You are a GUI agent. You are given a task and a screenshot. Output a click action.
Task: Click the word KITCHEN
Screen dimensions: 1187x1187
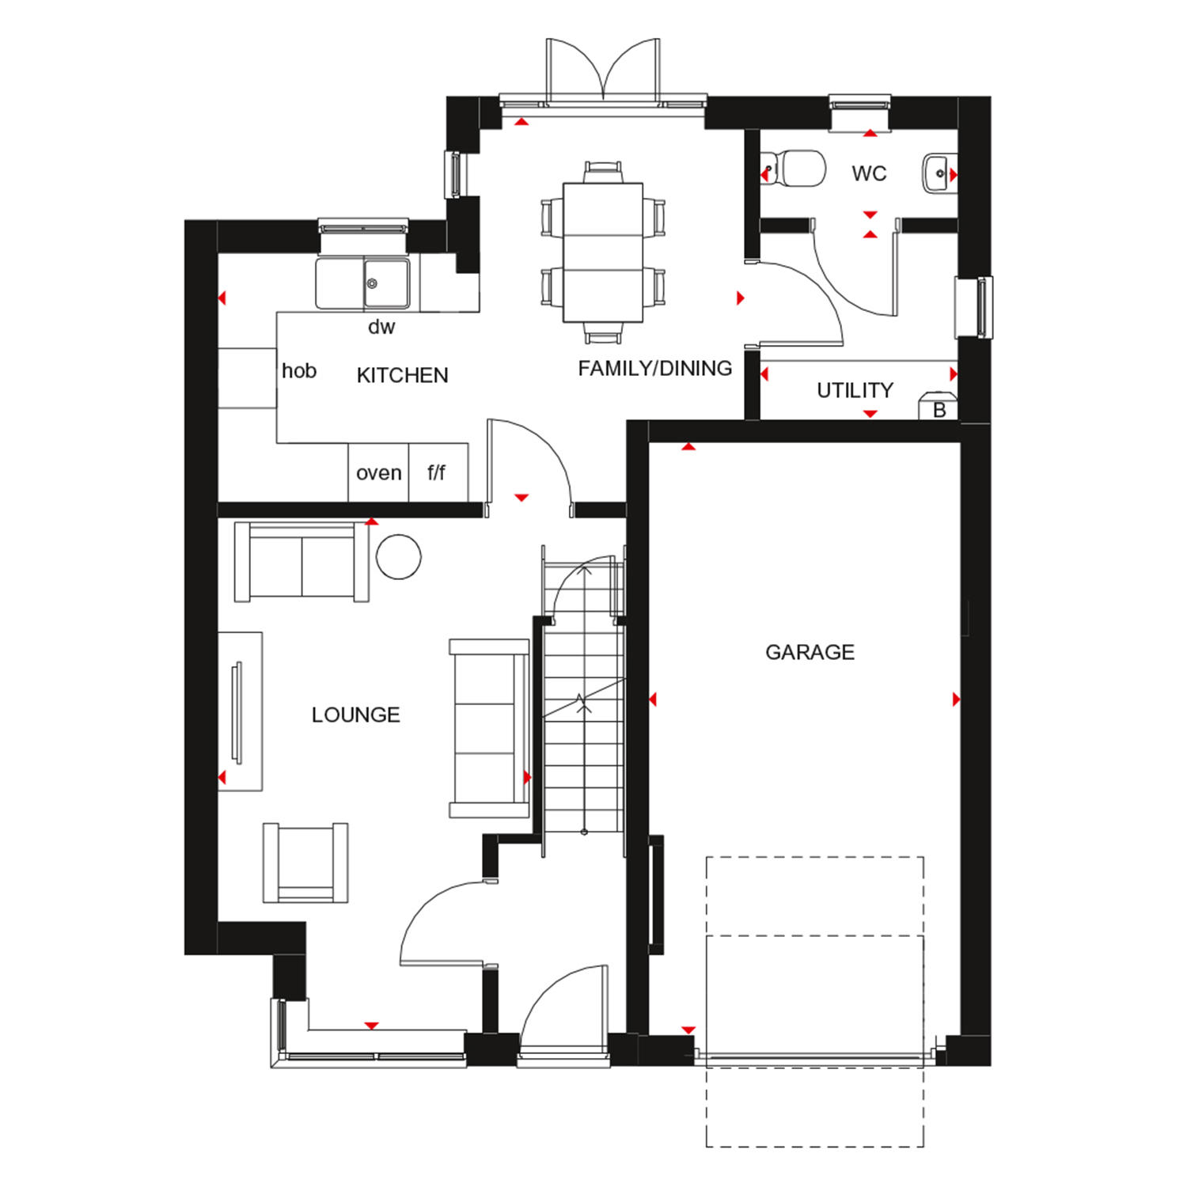coord(402,375)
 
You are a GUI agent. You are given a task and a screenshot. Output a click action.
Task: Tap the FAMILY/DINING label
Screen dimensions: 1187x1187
coord(654,369)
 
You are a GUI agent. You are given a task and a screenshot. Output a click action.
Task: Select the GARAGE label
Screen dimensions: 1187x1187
coord(810,652)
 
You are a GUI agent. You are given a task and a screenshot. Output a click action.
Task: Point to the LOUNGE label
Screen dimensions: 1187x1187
coord(355,715)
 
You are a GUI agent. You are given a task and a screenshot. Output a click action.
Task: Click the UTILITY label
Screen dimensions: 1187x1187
coord(855,390)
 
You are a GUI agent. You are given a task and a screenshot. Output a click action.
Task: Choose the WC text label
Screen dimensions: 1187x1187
coord(869,174)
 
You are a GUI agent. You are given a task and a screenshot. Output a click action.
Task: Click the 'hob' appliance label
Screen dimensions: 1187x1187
coord(299,370)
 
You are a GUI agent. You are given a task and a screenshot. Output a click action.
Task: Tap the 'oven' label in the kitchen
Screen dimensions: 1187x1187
coord(379,473)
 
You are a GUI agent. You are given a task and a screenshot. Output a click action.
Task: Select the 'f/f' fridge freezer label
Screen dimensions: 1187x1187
coord(436,472)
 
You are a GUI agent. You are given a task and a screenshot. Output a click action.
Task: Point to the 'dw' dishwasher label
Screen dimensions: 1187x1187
coord(381,327)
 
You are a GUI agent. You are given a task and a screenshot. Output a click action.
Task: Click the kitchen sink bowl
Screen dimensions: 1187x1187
coord(386,283)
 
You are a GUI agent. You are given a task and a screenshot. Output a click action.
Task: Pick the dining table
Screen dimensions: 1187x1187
coord(603,252)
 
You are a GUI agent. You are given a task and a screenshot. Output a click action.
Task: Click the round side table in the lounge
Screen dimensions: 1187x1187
coord(398,556)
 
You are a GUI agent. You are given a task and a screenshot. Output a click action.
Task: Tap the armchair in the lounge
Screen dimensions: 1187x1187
coord(305,863)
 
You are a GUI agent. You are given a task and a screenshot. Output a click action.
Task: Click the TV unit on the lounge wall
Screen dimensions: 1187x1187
coord(240,711)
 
